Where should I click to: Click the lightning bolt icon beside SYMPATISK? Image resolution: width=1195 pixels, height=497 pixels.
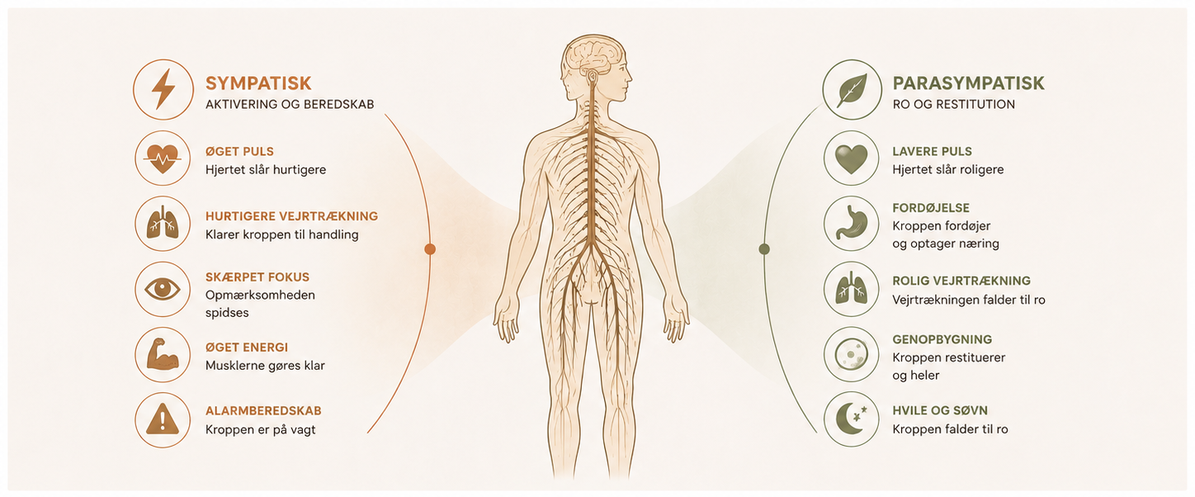pyautogui.click(x=163, y=89)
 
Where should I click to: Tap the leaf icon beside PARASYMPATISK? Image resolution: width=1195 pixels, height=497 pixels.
pyautogui.click(x=852, y=90)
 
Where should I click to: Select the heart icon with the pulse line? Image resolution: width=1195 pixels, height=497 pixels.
pyautogui.click(x=163, y=159)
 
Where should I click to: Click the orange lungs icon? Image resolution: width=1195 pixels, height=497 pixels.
pyautogui.click(x=163, y=223)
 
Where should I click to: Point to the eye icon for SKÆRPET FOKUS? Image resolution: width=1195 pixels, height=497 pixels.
pyautogui.click(x=163, y=289)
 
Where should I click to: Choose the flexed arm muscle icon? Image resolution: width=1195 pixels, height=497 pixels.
pyautogui.click(x=163, y=354)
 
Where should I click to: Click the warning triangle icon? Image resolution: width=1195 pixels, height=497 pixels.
pyautogui.click(x=163, y=419)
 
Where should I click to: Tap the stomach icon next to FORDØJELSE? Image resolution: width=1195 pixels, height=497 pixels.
pyautogui.click(x=851, y=223)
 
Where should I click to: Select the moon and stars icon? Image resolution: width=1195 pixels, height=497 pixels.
pyautogui.click(x=852, y=419)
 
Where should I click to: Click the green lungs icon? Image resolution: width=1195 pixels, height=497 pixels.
pyautogui.click(x=851, y=289)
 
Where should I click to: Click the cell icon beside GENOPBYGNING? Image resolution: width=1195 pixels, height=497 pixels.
pyautogui.click(x=851, y=354)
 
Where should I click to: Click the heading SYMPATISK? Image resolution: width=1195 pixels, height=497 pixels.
pyautogui.click(x=258, y=83)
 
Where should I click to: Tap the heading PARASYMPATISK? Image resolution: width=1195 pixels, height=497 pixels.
pyautogui.click(x=968, y=83)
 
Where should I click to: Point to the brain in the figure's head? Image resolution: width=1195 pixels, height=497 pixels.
pyautogui.click(x=594, y=58)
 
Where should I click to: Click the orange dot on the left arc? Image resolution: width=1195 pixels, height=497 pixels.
pyautogui.click(x=430, y=248)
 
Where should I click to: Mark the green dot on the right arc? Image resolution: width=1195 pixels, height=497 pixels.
pyautogui.click(x=764, y=248)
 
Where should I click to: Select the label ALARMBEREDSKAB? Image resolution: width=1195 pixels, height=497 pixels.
pyautogui.click(x=263, y=410)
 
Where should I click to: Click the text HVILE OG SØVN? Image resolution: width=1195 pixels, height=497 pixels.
pyautogui.click(x=940, y=410)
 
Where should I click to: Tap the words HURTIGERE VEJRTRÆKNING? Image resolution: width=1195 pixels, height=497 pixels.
pyautogui.click(x=292, y=216)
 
